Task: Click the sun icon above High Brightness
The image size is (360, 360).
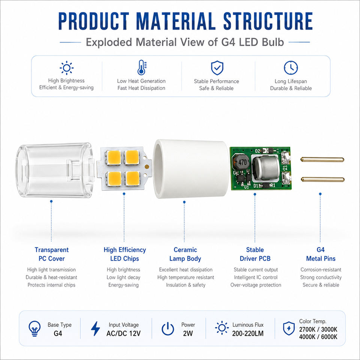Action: tap(67, 68)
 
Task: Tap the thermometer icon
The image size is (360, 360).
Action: tap(142, 67)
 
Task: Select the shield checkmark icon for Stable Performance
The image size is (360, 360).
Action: tap(217, 68)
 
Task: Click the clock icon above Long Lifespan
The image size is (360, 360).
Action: tap(291, 68)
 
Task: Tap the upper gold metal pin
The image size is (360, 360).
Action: tap(322, 159)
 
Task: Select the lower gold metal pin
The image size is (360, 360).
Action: tap(322, 179)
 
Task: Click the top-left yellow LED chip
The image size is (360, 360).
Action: tap(114, 157)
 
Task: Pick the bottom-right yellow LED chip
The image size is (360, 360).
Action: tap(132, 178)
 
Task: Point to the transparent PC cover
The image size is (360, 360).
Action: tap(55, 170)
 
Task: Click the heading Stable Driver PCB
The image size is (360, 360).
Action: tap(255, 254)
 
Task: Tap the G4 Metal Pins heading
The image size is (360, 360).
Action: tap(321, 254)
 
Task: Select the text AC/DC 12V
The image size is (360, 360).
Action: tap(123, 333)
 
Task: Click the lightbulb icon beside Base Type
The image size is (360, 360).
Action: tap(34, 328)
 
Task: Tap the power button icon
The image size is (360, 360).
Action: tap(168, 328)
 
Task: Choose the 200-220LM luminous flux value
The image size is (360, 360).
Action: tap(248, 333)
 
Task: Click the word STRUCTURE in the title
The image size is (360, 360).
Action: tap(268, 21)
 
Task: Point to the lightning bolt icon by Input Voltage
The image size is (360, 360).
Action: tap(96, 328)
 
